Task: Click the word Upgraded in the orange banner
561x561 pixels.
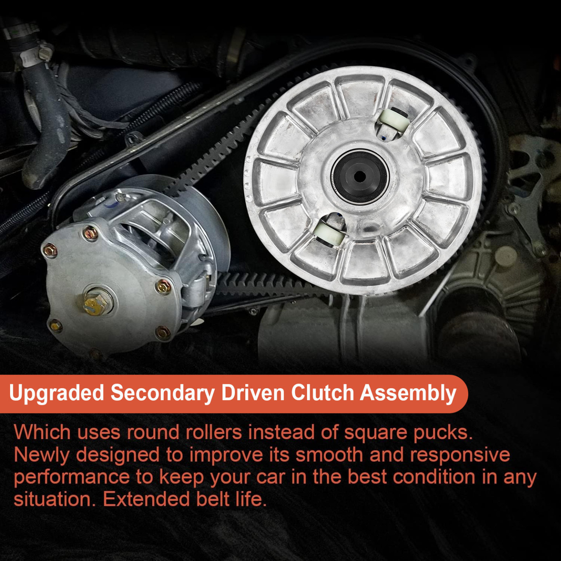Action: [57, 393]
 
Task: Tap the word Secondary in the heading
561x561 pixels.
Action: [162, 393]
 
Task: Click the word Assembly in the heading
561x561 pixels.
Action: [408, 393]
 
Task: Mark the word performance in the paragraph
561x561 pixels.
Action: [71, 478]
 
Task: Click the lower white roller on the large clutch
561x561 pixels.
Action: [330, 233]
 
